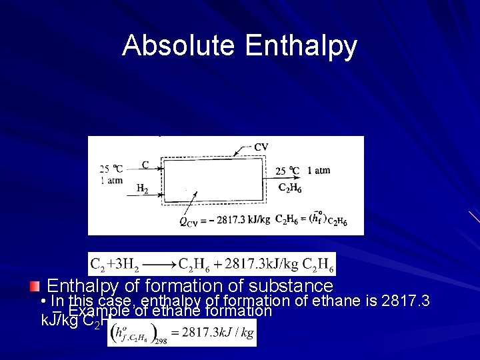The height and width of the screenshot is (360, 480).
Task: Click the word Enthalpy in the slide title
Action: [301, 47]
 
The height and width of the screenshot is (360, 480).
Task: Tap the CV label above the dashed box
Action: [261, 147]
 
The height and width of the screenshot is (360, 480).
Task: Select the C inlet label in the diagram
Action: [145, 165]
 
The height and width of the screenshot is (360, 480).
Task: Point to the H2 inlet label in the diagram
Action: [142, 189]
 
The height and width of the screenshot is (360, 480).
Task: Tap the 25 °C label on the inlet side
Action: [111, 169]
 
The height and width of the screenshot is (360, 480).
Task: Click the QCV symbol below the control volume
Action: [187, 223]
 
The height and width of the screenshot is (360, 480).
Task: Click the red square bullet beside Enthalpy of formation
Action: [35, 287]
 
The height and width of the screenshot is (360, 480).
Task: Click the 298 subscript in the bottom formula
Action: [159, 340]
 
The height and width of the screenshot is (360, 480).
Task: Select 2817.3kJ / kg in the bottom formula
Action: [218, 332]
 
